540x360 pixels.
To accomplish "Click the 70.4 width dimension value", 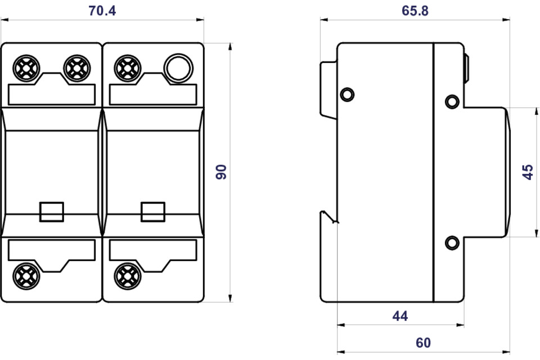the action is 102,11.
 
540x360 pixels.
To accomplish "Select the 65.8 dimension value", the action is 415,11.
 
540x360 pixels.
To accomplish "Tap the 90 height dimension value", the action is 221,172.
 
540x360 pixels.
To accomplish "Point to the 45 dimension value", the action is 528,172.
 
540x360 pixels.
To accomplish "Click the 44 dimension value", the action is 400,316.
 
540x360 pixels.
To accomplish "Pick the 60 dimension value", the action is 423,343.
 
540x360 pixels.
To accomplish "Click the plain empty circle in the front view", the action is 178,68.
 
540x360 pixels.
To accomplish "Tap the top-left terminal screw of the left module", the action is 26,68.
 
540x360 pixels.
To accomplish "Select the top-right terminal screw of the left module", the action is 77,68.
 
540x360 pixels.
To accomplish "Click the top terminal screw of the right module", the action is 128,68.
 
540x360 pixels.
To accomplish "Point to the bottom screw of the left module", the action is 26,276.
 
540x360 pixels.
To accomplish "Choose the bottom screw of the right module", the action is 128,276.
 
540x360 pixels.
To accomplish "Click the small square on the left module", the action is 52,211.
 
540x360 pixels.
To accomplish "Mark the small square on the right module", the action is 153,211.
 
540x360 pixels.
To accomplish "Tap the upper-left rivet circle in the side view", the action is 347,94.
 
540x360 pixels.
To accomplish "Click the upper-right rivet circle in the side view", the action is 452,102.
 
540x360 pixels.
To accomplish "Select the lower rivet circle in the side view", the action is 452,243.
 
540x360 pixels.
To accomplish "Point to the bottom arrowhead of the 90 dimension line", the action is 231,298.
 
